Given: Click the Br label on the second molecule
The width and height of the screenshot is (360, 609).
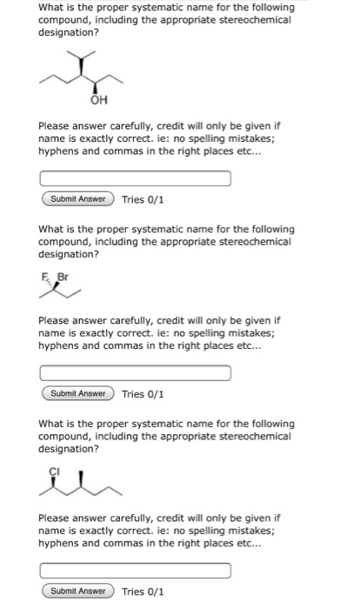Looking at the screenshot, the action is [x=62, y=280].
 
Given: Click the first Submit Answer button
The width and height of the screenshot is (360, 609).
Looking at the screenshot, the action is [x=77, y=199].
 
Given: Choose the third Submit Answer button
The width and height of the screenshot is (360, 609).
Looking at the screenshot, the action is [x=77, y=592].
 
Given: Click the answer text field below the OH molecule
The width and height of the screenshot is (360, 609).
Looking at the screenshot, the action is [x=135, y=179].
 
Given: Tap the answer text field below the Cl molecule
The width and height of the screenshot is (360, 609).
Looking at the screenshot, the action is [x=135, y=572].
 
